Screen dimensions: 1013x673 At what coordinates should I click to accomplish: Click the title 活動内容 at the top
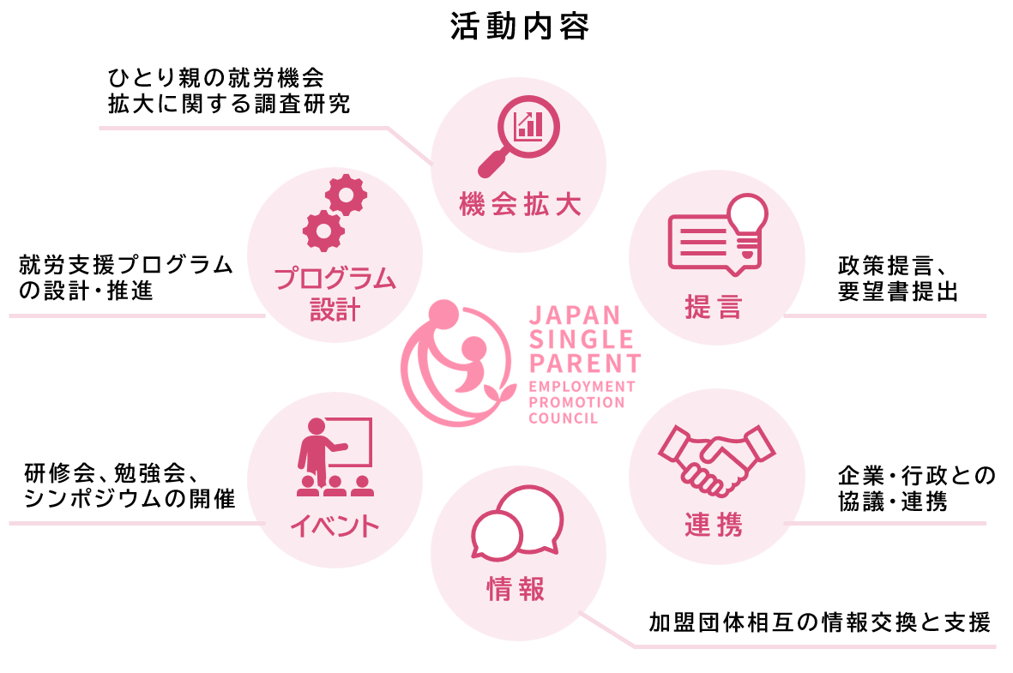(520, 27)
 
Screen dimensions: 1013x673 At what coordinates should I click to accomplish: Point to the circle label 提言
(713, 306)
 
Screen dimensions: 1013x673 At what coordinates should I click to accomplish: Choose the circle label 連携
(714, 524)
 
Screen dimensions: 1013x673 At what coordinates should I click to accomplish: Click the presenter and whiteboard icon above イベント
(334, 457)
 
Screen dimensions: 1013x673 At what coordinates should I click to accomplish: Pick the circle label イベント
(334, 525)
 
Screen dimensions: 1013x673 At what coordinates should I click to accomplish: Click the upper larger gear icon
(346, 195)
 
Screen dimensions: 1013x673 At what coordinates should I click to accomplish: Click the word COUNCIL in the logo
(564, 418)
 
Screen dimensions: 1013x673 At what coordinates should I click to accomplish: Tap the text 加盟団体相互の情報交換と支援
(819, 622)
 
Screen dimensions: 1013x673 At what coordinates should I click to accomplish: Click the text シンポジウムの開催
(130, 498)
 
